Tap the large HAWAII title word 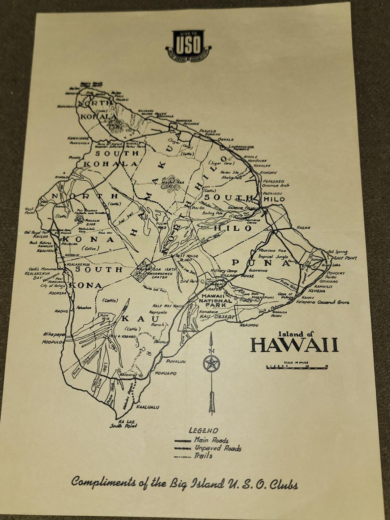point(294,345)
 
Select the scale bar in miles point(296,367)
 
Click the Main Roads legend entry point(201,441)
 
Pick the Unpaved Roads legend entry point(208,448)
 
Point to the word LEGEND point(203,430)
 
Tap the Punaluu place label point(176,361)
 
